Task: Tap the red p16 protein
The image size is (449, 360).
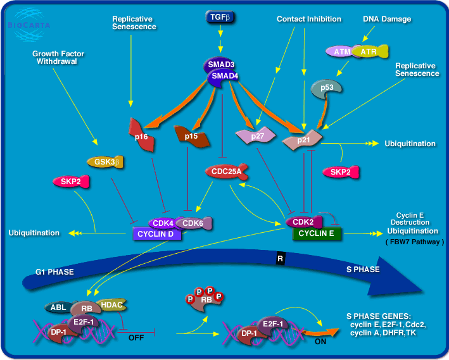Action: pyautogui.click(x=143, y=135)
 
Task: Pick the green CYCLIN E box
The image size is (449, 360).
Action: pyautogui.click(x=317, y=234)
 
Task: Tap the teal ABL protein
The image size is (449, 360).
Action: pyautogui.click(x=59, y=307)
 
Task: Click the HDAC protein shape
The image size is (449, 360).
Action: pyautogui.click(x=111, y=305)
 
